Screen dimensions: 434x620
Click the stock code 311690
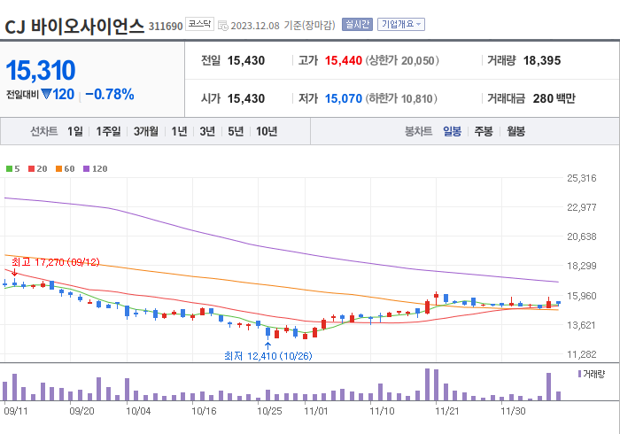point(166,26)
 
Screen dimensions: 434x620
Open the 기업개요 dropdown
point(401,25)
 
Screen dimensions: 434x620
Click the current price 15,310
point(41,70)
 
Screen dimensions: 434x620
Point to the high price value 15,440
point(344,61)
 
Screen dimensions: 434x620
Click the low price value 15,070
point(344,98)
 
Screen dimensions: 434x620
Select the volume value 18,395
point(542,61)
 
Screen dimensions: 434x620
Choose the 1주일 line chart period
point(109,131)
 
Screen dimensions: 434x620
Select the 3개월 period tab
point(146,131)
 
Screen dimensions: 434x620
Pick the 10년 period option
point(267,131)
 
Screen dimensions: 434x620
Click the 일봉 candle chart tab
point(452,131)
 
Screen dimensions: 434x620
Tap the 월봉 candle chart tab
point(515,131)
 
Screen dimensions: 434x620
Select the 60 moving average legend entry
point(67,168)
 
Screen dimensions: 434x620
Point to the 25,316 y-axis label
point(581,178)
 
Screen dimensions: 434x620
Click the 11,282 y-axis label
point(581,354)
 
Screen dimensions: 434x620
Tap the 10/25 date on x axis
point(269,411)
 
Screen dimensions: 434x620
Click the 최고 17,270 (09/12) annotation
point(55,262)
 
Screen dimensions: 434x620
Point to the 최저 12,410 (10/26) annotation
point(267,356)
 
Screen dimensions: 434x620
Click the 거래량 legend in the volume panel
point(593,375)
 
